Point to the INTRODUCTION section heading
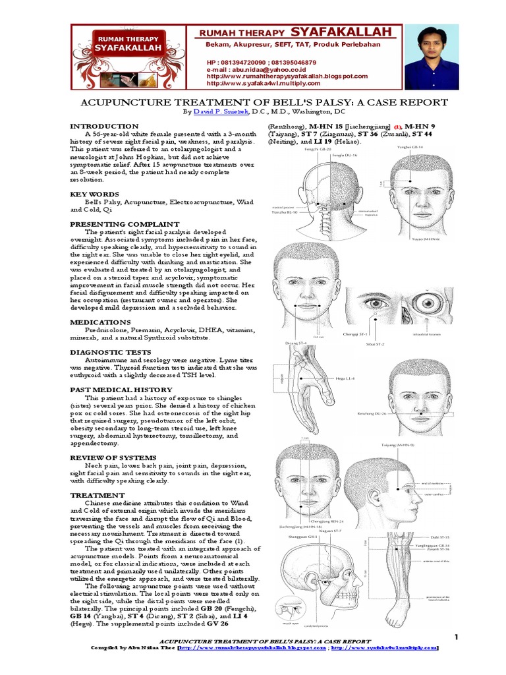[x=104, y=126]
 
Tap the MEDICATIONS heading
[x=98, y=322]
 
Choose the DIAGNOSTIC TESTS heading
[x=107, y=352]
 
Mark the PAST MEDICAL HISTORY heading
[x=121, y=390]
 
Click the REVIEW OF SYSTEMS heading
[x=113, y=457]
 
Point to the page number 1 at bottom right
[x=455, y=636]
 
